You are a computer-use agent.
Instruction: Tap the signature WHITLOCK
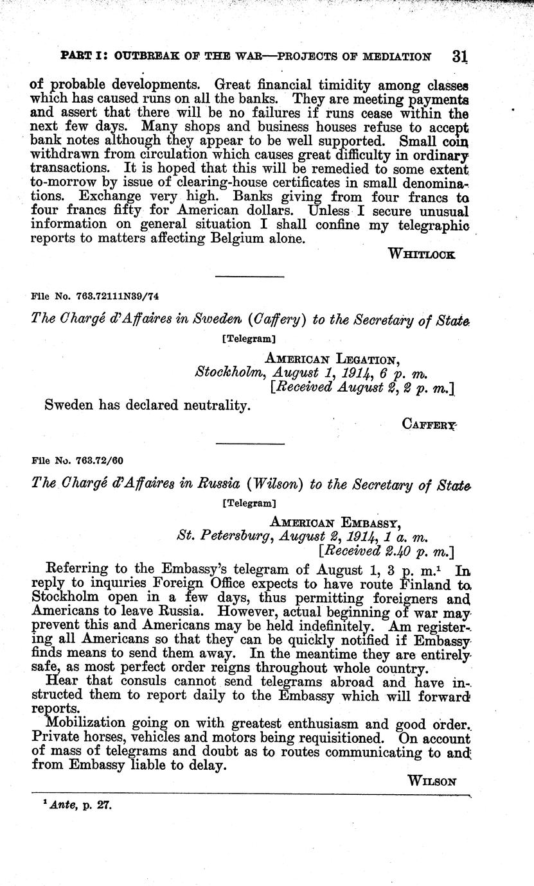tap(422, 254)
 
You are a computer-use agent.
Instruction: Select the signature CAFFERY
tap(429, 423)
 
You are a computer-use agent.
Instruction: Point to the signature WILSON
tap(432, 781)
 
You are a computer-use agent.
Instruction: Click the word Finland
tap(421, 586)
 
